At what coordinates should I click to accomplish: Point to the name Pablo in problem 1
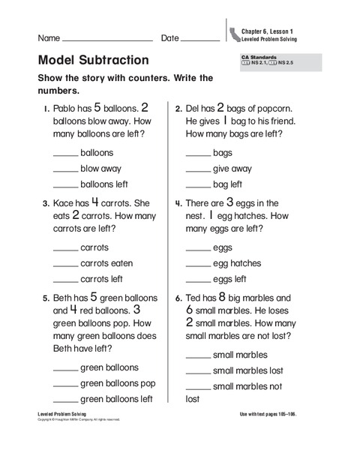(66, 109)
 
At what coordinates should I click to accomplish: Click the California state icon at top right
(234, 31)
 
